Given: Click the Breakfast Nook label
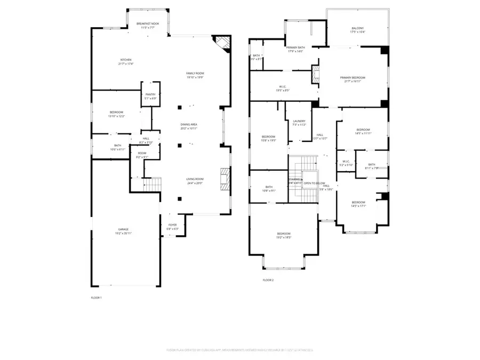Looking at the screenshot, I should point(148,24).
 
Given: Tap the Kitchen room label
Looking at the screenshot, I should point(126,60).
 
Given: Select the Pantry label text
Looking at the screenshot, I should point(150,94).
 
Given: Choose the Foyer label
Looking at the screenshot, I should point(172,225).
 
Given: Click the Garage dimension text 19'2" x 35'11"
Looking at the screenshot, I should point(124,234).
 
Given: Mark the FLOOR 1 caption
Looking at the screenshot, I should point(96,297).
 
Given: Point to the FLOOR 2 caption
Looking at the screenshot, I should point(268,279).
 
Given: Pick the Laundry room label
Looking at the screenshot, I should point(299,121).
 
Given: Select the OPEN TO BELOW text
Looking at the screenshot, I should point(311,183).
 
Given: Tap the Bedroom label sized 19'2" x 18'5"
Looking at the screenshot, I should point(284,234).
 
